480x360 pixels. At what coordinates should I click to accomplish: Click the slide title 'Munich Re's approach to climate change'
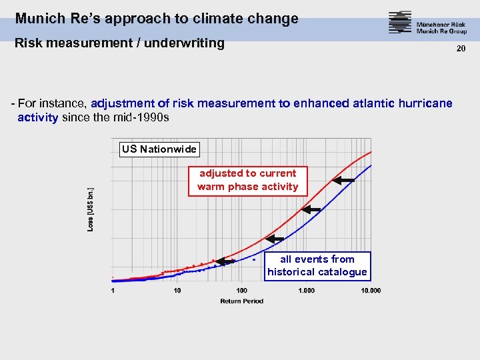(x=157, y=19)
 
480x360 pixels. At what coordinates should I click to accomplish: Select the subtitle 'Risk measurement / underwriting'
(x=120, y=43)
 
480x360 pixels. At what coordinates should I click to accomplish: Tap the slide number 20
(x=460, y=49)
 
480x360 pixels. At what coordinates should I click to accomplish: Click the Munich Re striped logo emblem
(x=400, y=23)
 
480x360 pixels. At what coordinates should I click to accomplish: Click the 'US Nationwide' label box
(x=159, y=149)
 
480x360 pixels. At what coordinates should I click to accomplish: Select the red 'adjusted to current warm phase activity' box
(x=248, y=180)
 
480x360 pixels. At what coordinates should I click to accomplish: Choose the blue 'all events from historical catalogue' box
(x=317, y=265)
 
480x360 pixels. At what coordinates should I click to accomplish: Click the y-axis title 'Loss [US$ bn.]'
(x=91, y=209)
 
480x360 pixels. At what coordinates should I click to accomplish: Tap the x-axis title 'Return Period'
(x=241, y=301)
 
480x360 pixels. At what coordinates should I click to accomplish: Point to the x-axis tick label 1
(x=113, y=290)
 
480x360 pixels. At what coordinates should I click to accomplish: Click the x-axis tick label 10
(x=177, y=290)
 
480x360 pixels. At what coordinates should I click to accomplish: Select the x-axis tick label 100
(x=241, y=290)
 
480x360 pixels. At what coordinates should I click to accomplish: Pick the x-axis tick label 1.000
(x=306, y=290)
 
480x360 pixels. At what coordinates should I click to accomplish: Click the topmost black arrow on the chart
(x=343, y=180)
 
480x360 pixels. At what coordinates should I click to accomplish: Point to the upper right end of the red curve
(x=370, y=152)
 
